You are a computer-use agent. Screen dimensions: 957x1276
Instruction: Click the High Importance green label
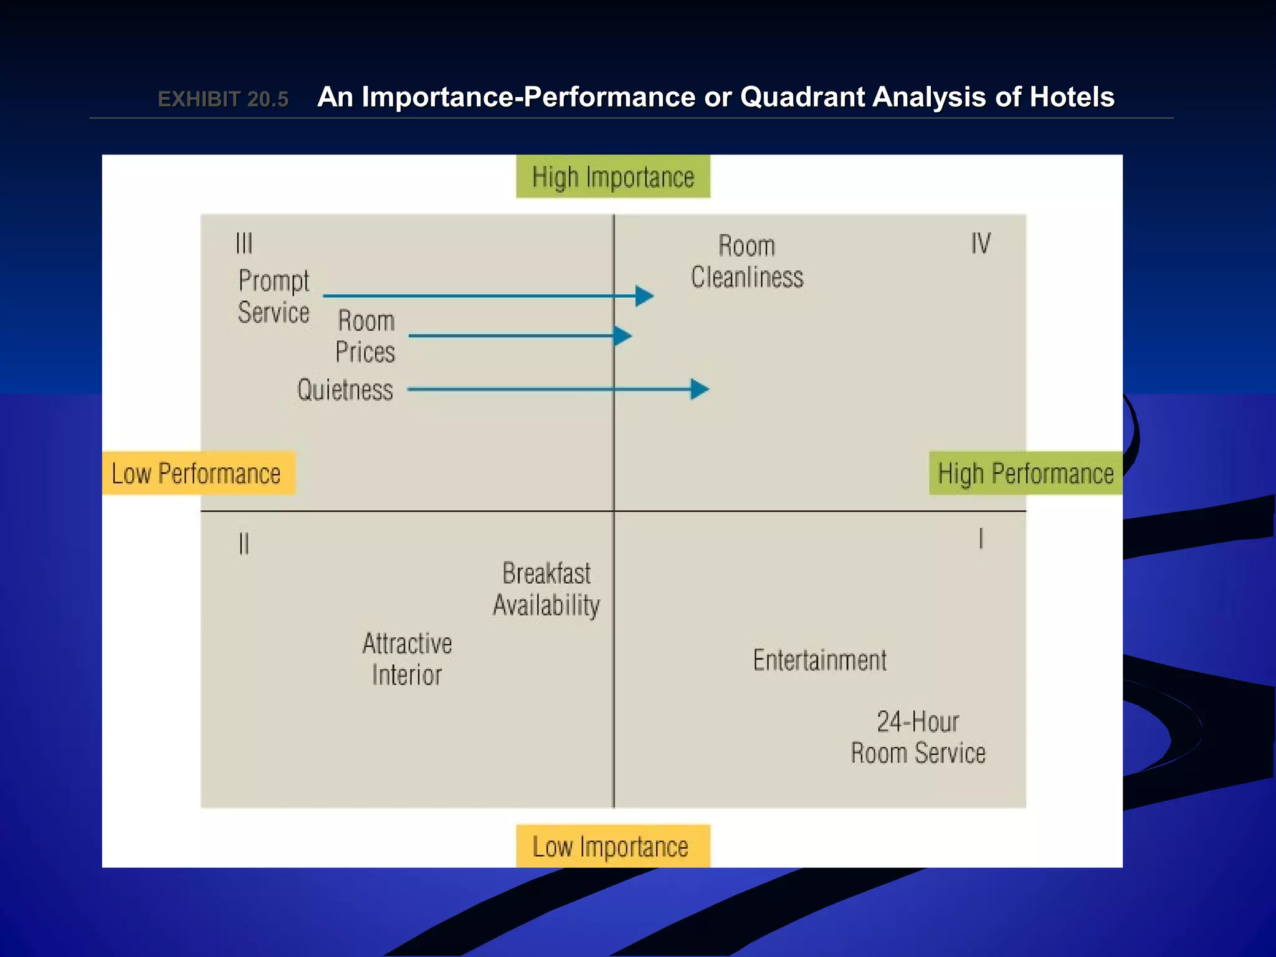[x=613, y=177]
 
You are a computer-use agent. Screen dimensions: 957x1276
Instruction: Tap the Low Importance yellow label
[x=612, y=847]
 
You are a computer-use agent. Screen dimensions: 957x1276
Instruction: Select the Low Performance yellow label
[x=198, y=474]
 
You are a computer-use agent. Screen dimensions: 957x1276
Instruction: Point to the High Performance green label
[x=1025, y=474]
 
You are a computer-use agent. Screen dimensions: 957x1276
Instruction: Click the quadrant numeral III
[x=244, y=243]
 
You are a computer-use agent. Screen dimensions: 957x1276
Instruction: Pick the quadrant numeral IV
[x=981, y=243]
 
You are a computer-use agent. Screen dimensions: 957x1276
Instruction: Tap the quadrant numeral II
[x=244, y=544]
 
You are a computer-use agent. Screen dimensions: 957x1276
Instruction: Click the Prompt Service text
[x=274, y=297]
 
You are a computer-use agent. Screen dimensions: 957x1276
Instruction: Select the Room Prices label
[x=366, y=336]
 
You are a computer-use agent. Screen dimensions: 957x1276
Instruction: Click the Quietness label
[x=345, y=390]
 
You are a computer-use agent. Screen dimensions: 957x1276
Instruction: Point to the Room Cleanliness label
[x=747, y=262]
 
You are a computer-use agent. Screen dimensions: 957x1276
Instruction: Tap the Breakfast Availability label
[x=546, y=589]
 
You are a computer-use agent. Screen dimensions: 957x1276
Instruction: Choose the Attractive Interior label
[x=407, y=659]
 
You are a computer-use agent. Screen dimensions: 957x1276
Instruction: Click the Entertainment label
[x=819, y=660]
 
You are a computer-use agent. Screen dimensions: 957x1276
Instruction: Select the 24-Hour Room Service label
[x=918, y=738]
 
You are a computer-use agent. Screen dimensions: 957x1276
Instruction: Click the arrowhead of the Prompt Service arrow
[x=644, y=296]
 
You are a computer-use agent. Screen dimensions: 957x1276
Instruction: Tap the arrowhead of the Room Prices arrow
[x=622, y=336]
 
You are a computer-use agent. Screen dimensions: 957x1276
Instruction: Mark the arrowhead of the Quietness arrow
[x=700, y=389]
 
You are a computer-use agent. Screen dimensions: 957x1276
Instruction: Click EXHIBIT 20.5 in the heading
[x=223, y=99]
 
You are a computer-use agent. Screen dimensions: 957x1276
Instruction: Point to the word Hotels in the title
[x=1072, y=97]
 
